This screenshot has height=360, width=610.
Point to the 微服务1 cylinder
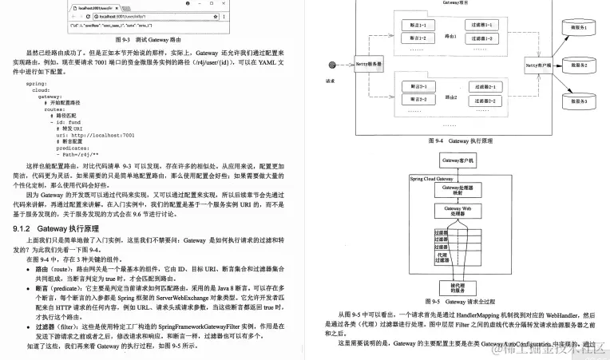click(x=578, y=28)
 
